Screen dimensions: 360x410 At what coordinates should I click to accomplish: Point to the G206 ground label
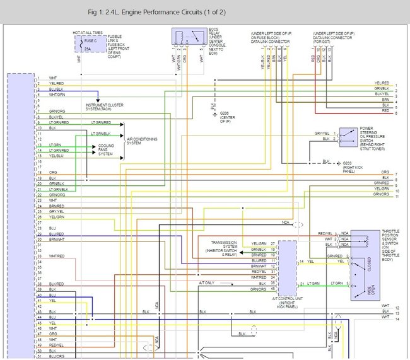coord(227,116)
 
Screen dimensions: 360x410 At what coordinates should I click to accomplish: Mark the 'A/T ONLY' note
coord(206,283)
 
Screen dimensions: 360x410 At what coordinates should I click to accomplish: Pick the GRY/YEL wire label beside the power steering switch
coord(322,133)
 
